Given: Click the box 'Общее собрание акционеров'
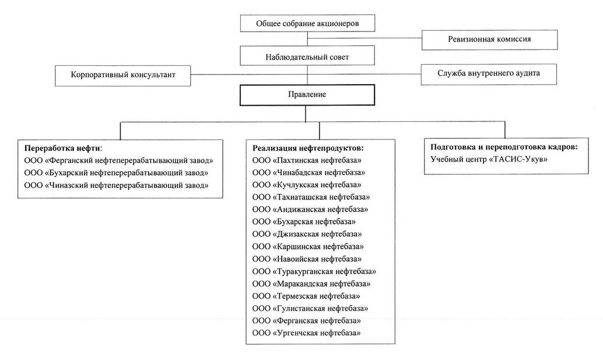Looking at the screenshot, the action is click(307, 23).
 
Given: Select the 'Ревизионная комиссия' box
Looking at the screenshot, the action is click(489, 40).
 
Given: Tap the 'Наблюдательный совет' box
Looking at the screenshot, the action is click(307, 56).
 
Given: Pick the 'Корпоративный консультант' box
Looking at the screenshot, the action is click(122, 75).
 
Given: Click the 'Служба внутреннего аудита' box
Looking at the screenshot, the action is click(489, 74).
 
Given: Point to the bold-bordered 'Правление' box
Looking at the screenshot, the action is click(307, 95).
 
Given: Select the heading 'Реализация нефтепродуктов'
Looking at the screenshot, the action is click(308, 148).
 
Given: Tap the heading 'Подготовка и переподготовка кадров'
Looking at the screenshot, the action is click(504, 147).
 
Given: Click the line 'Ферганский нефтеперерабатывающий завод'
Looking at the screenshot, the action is click(118, 161).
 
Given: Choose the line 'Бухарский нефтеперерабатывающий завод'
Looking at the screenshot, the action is click(116, 173).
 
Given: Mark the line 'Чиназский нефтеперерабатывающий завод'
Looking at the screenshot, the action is click(116, 186).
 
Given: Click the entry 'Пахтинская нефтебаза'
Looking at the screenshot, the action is click(307, 160).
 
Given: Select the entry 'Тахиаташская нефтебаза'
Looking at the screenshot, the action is click(311, 197).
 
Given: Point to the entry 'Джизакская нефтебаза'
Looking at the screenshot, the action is click(307, 234).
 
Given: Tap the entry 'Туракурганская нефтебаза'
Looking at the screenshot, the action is click(314, 271).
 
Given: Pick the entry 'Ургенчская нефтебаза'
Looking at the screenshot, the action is click(307, 333).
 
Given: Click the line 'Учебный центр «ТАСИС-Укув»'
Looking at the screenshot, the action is click(489, 159).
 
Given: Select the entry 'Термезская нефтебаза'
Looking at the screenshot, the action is click(306, 296).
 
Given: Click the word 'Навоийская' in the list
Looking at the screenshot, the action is click(296, 259).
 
